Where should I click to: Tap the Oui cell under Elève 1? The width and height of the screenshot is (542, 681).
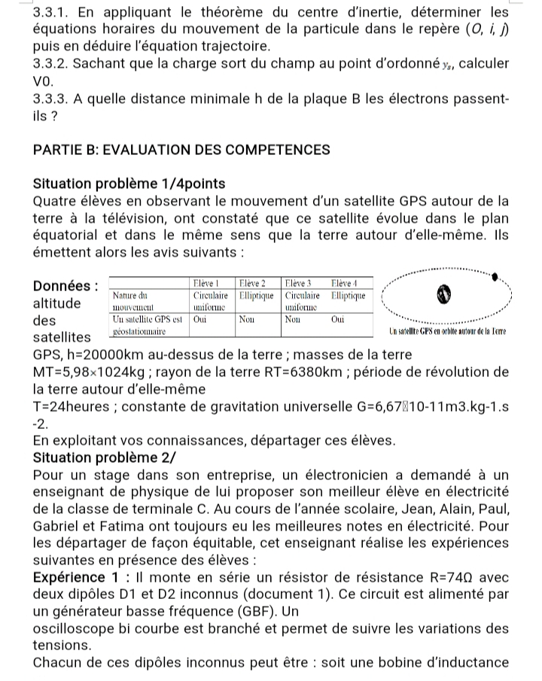[x=199, y=318]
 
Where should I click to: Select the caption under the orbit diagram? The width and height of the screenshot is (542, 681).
[x=449, y=333]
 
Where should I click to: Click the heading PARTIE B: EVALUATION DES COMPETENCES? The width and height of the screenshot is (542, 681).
[x=181, y=150]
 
